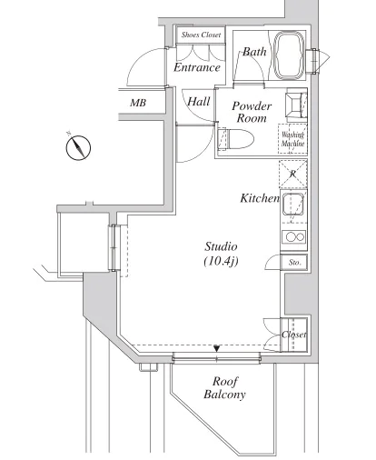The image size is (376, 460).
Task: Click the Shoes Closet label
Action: [201, 35]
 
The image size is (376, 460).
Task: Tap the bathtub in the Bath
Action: [289, 55]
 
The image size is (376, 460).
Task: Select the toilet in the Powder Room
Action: [236, 139]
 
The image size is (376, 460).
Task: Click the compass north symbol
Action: [78, 147]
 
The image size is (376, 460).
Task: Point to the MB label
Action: [138, 103]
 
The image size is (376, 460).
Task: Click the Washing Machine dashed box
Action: [292, 139]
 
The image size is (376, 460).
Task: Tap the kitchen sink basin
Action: [293, 205]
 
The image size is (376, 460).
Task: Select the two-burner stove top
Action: [293, 236]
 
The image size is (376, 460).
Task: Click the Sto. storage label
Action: [294, 263]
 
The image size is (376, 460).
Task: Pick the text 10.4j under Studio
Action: [222, 261]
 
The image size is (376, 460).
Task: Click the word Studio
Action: [221, 246]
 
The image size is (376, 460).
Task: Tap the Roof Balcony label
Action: [224, 388]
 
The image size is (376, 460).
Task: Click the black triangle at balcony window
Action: [216, 348]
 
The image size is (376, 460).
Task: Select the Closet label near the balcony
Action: [294, 335]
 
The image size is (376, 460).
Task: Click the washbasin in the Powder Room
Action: [296, 105]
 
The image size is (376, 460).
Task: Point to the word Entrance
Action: [197, 67]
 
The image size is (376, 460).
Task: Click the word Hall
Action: [199, 102]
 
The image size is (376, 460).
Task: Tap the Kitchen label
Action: [260, 198]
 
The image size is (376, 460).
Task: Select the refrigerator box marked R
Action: [293, 175]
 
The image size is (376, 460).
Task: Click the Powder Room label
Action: [252, 112]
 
